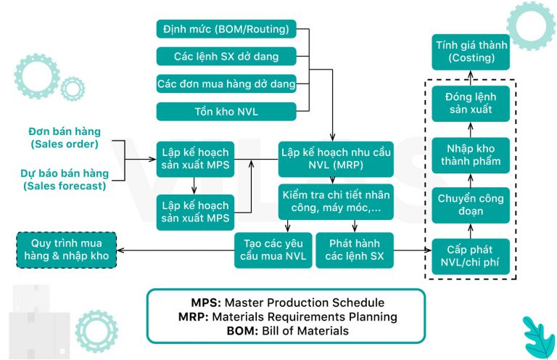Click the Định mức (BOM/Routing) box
226,30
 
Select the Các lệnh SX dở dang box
226,57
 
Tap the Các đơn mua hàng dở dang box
226,84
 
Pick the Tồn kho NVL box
226,111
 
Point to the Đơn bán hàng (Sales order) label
65,138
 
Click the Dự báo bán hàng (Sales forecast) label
65,179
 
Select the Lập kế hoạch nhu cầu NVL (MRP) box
336,159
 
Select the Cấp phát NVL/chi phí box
470,256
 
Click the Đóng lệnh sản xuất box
470,104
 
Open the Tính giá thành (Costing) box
470,51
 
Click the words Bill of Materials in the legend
305,330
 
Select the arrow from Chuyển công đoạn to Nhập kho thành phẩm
470,180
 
